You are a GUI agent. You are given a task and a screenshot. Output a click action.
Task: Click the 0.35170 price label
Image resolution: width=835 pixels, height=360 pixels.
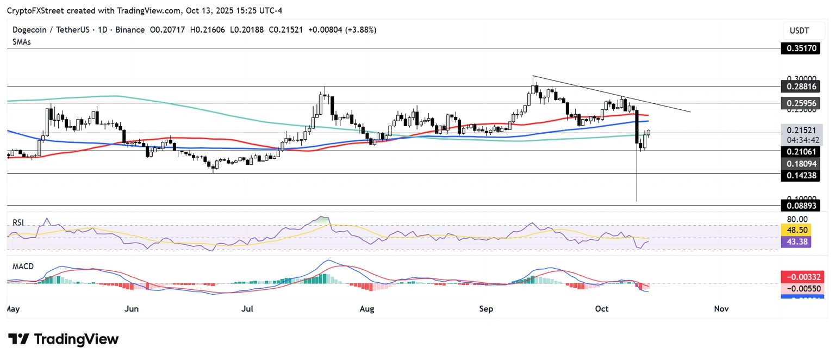(801, 48)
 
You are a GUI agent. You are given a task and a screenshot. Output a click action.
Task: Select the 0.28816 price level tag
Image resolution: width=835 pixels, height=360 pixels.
(801, 86)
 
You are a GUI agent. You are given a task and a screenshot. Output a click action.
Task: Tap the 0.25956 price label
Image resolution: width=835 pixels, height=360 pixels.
(801, 103)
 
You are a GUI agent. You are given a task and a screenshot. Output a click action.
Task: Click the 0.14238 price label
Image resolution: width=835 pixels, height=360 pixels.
(801, 175)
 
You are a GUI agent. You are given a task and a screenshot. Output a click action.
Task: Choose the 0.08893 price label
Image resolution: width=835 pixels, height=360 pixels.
(801, 206)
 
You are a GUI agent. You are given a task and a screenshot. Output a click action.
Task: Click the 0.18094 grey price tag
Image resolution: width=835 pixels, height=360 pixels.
(801, 163)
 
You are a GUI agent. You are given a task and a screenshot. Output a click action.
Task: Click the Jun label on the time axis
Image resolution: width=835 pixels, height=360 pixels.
(131, 309)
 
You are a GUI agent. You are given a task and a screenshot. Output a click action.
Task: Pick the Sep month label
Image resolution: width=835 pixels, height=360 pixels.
(486, 309)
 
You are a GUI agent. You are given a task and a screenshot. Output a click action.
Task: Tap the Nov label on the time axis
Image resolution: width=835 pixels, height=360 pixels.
(721, 309)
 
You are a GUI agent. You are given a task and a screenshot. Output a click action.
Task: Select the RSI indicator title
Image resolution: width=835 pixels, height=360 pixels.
(20, 222)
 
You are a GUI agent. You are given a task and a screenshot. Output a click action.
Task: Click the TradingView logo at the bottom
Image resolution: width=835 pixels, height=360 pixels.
(63, 339)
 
